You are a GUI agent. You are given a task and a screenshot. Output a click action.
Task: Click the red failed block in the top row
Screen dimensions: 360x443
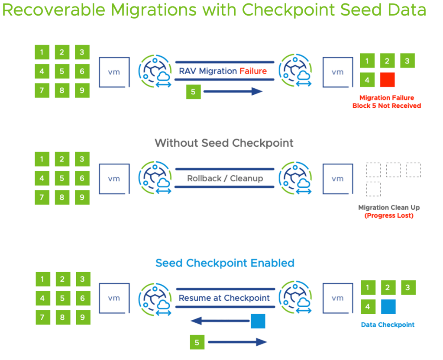click(x=387, y=80)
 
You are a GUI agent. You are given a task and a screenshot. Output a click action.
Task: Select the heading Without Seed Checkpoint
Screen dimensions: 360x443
click(x=224, y=143)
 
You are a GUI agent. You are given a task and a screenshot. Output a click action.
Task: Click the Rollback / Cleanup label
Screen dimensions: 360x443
click(x=225, y=178)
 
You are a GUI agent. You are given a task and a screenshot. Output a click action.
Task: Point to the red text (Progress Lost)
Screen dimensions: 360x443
click(x=388, y=215)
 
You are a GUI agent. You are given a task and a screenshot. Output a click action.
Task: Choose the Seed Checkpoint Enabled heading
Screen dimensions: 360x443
click(x=225, y=263)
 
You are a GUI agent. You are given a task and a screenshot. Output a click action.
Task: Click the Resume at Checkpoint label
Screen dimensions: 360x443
click(x=224, y=298)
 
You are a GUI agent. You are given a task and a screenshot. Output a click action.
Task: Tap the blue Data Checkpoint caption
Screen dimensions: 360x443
click(x=388, y=325)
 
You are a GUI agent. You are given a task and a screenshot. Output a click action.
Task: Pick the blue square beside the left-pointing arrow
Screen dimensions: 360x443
click(x=258, y=321)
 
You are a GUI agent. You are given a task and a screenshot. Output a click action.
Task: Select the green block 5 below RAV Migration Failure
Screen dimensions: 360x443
click(x=194, y=92)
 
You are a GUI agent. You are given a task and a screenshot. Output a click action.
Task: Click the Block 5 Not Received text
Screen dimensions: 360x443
click(x=387, y=106)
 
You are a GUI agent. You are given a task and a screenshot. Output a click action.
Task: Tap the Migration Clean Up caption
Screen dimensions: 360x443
click(x=388, y=208)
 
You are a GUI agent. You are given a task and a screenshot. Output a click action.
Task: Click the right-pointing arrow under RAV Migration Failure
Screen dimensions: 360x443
click(x=233, y=91)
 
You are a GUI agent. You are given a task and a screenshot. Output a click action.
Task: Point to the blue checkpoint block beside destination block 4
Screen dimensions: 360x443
click(x=388, y=307)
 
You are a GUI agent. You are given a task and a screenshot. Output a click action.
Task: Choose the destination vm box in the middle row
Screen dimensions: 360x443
click(x=337, y=179)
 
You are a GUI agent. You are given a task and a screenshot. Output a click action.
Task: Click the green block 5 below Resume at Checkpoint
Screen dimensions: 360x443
click(x=197, y=342)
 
